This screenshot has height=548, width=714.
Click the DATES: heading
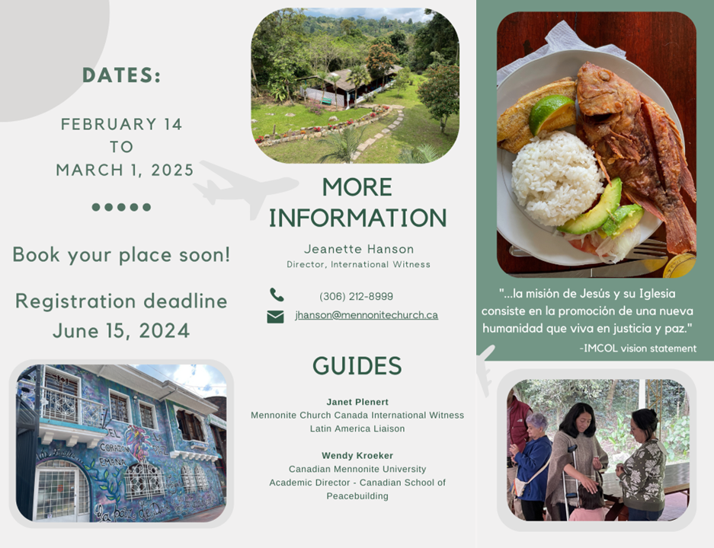pos(122,75)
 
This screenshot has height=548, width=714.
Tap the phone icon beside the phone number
pos(277,295)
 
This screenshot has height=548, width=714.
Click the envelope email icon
pos(275,317)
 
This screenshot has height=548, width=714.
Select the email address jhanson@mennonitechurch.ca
pos(367,315)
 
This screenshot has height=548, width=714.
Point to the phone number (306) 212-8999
pos(356,297)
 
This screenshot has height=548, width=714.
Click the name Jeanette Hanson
pos(359,249)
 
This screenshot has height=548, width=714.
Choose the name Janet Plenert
pos(357,402)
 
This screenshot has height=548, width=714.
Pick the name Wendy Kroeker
pos(357,456)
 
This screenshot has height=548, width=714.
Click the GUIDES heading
pos(357,365)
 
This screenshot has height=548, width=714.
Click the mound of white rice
pos(556,177)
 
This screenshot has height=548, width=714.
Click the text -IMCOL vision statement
pos(638,349)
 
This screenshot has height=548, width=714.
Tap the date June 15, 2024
pos(121,330)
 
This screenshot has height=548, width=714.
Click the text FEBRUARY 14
pos(122,124)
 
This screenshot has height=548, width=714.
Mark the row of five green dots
pos(121,207)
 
